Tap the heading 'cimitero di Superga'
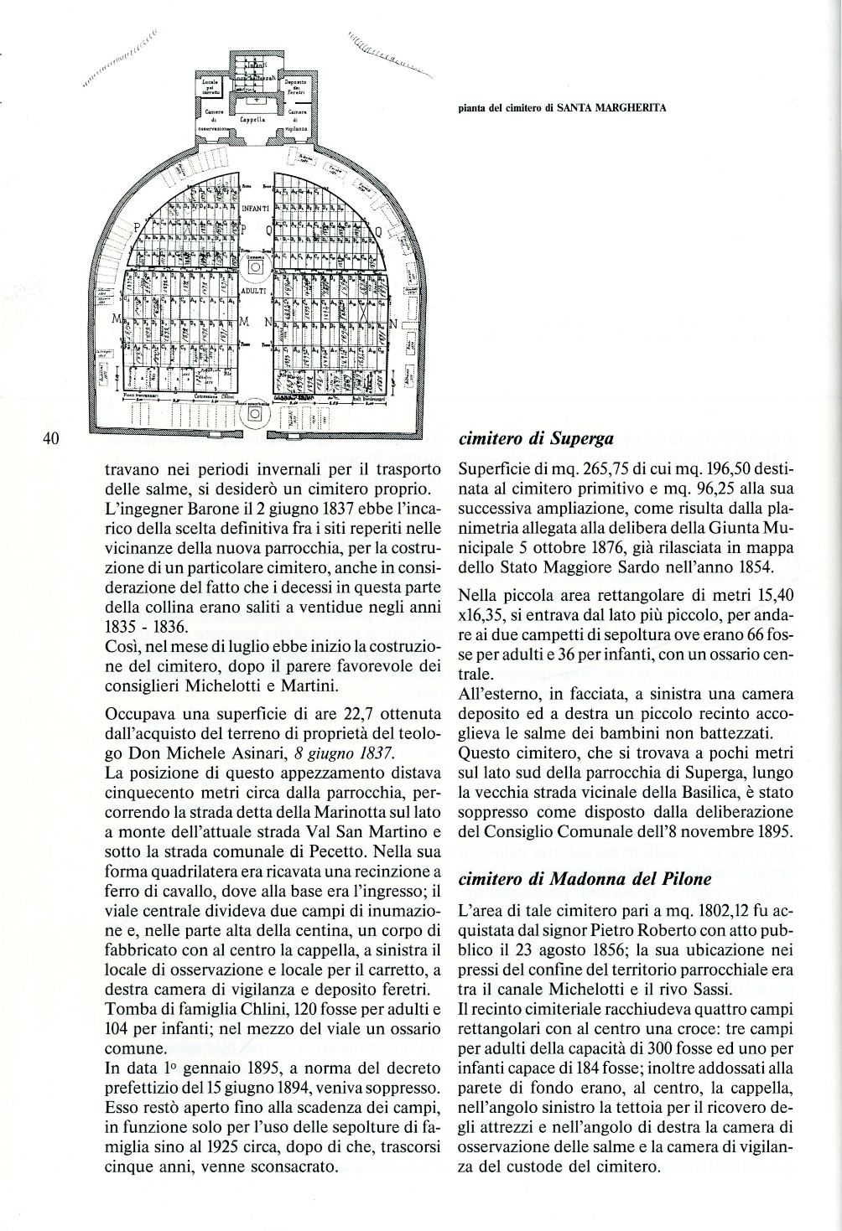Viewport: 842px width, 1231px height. [x=537, y=437]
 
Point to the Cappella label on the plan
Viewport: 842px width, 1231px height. [x=252, y=119]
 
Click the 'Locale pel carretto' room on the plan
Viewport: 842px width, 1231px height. [x=210, y=85]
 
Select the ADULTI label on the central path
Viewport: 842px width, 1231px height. [x=253, y=291]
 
